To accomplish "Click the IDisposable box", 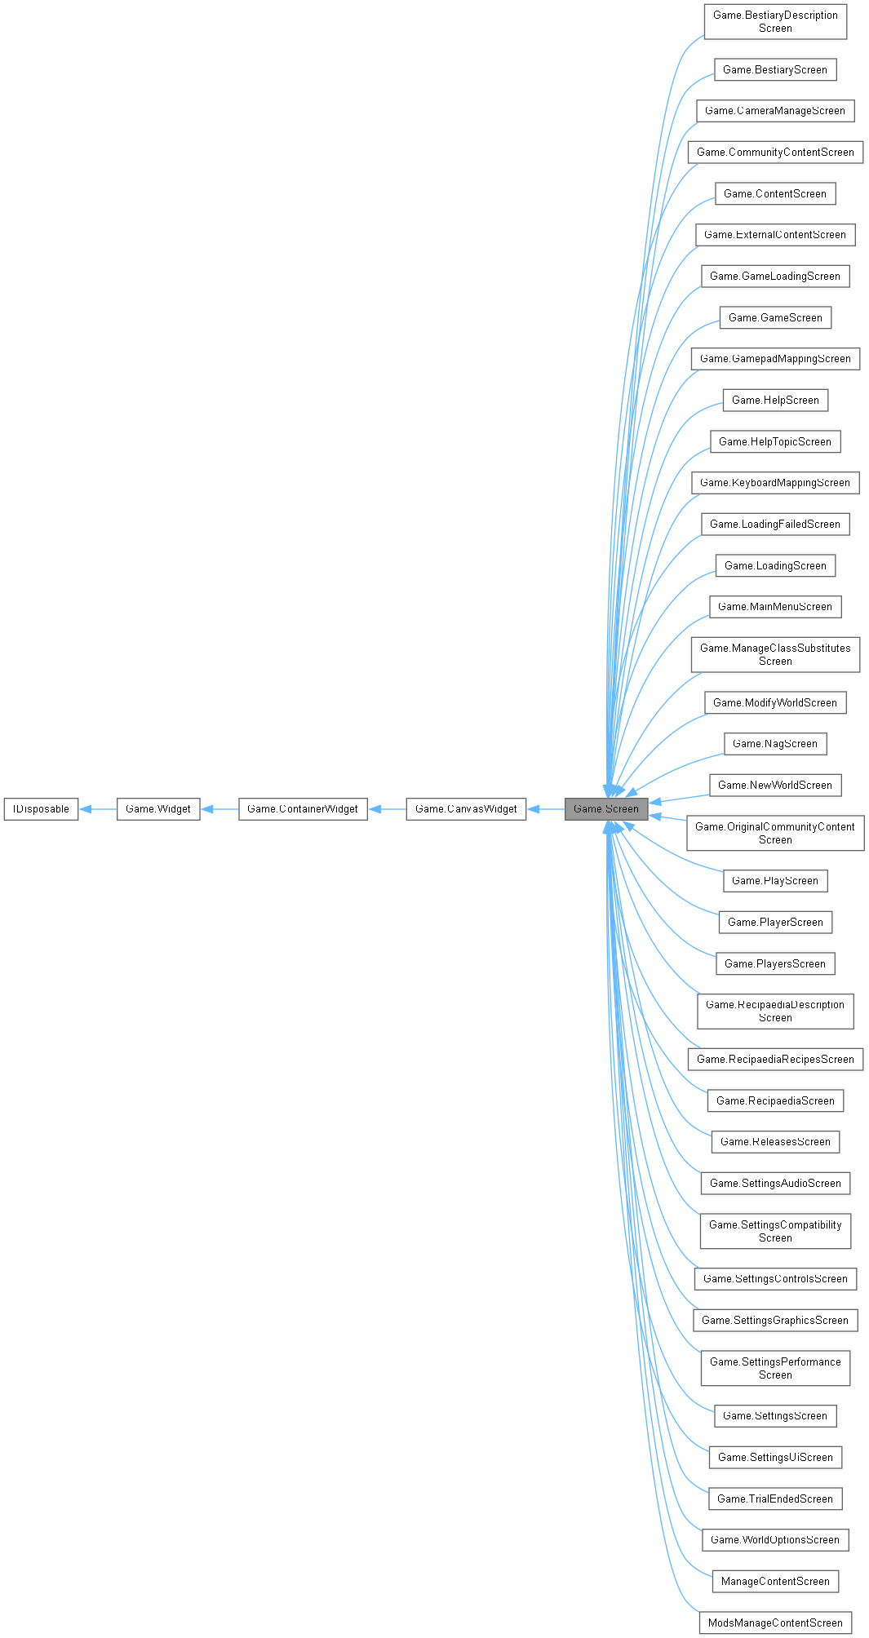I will pos(41,809).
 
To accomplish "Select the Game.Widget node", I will pos(158,809).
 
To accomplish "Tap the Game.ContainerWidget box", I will pos(303,809).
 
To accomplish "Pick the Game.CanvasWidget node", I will pos(466,809).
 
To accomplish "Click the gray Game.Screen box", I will pos(606,809).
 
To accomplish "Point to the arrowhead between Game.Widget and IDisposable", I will pos(86,809).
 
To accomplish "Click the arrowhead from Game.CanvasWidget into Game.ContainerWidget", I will pos(375,809).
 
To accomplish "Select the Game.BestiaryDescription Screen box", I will pos(775,22).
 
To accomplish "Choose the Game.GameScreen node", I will pos(775,317).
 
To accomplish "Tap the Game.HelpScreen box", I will pos(775,400).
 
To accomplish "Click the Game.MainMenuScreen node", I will pos(775,607).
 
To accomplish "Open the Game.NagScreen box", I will pos(775,744).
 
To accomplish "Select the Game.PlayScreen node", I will pos(775,881).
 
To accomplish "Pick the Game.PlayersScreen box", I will pos(775,964).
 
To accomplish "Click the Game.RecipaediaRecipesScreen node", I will pos(775,1060).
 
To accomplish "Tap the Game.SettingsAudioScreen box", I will pos(775,1184).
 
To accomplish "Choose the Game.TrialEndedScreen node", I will pos(775,1499).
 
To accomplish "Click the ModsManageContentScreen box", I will pos(775,1623).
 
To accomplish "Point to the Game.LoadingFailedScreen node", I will pos(775,525).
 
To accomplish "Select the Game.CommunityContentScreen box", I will pos(775,153).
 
